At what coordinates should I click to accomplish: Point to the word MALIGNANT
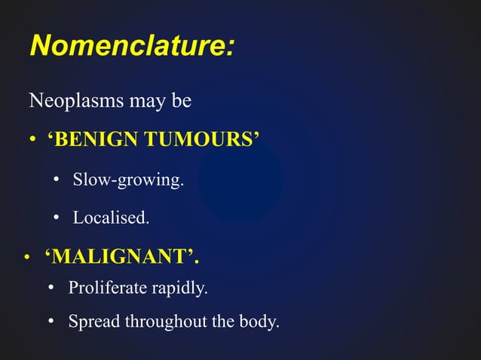(x=121, y=258)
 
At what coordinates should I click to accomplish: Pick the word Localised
(x=111, y=218)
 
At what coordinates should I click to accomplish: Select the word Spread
(x=93, y=322)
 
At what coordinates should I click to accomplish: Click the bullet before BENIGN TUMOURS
(x=32, y=141)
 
